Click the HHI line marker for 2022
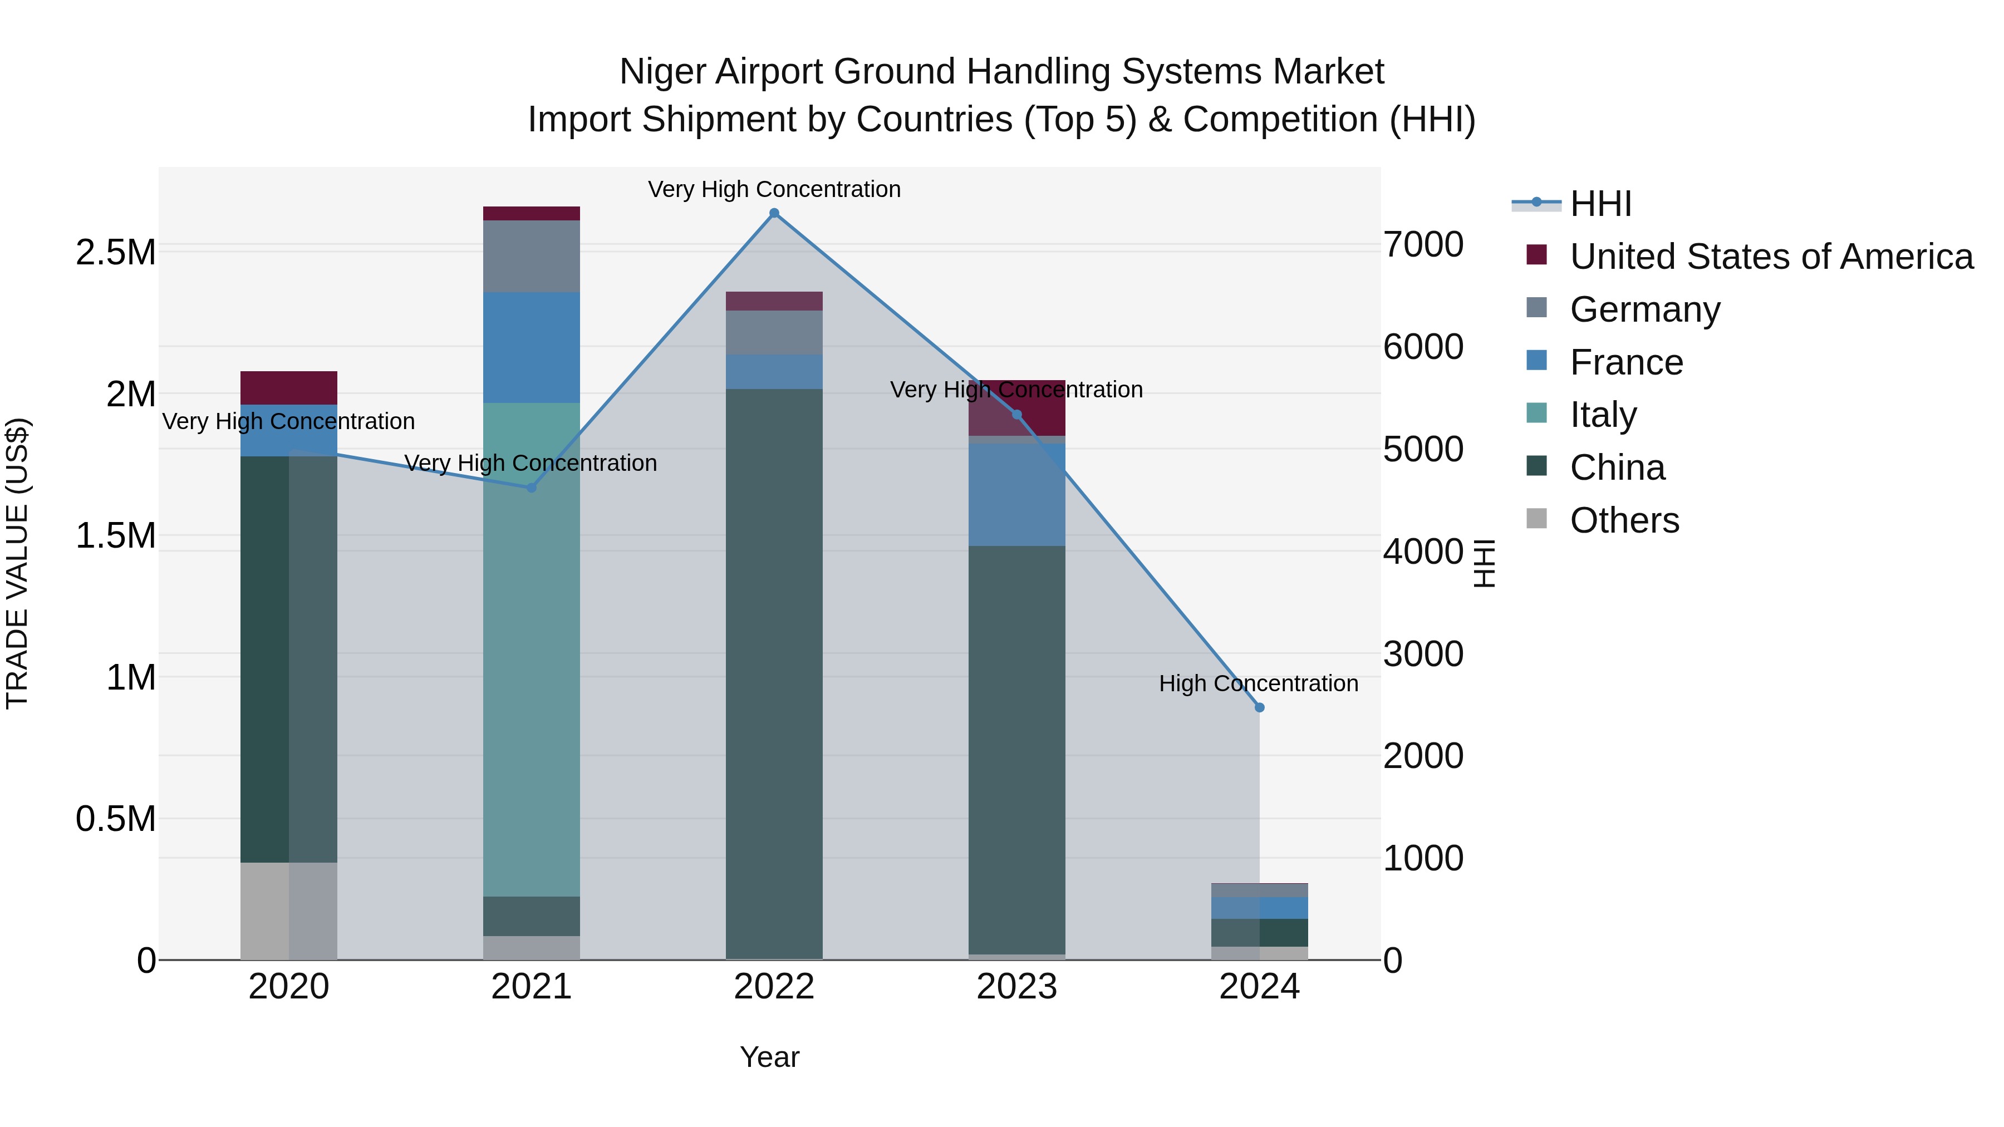tap(774, 213)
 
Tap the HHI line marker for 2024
tap(1260, 707)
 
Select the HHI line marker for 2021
tap(532, 488)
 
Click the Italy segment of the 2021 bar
tap(532, 649)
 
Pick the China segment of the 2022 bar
tap(774, 673)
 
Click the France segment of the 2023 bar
tap(1017, 495)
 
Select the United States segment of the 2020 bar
tap(288, 387)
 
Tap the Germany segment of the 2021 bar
tap(532, 256)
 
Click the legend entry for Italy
tap(1603, 415)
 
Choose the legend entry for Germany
tap(1644, 309)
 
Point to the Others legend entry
tap(1624, 520)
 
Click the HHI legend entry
tap(1600, 204)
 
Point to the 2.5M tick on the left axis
tap(115, 253)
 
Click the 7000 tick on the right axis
tap(1423, 244)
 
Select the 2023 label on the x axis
tap(1017, 987)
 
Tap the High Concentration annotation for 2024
tap(1258, 683)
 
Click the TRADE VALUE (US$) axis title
tap(17, 563)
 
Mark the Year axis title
tap(769, 1057)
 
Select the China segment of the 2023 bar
tap(1017, 750)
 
